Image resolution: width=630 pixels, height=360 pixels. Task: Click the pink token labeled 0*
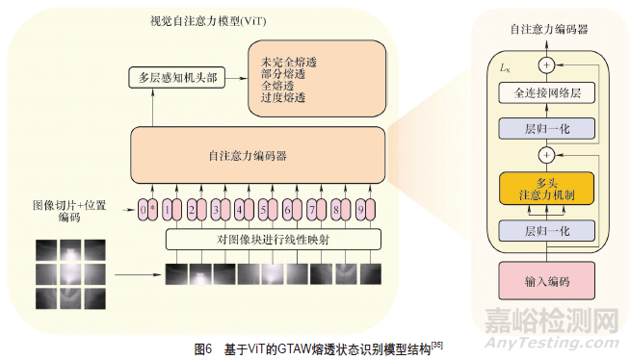click(145, 208)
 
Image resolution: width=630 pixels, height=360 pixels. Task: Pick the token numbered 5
click(262, 208)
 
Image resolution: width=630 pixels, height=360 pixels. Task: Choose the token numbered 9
click(358, 208)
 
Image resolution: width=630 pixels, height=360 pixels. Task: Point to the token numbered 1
click(169, 208)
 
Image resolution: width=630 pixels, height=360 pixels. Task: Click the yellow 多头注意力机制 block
click(547, 188)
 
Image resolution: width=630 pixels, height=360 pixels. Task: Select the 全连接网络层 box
click(547, 93)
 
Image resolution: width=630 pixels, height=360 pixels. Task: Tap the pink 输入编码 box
click(546, 282)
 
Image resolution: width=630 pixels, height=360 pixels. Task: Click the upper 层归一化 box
click(547, 128)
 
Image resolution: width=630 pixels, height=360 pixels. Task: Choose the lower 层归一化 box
click(547, 231)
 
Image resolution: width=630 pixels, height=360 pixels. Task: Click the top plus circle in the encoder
click(548, 65)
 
